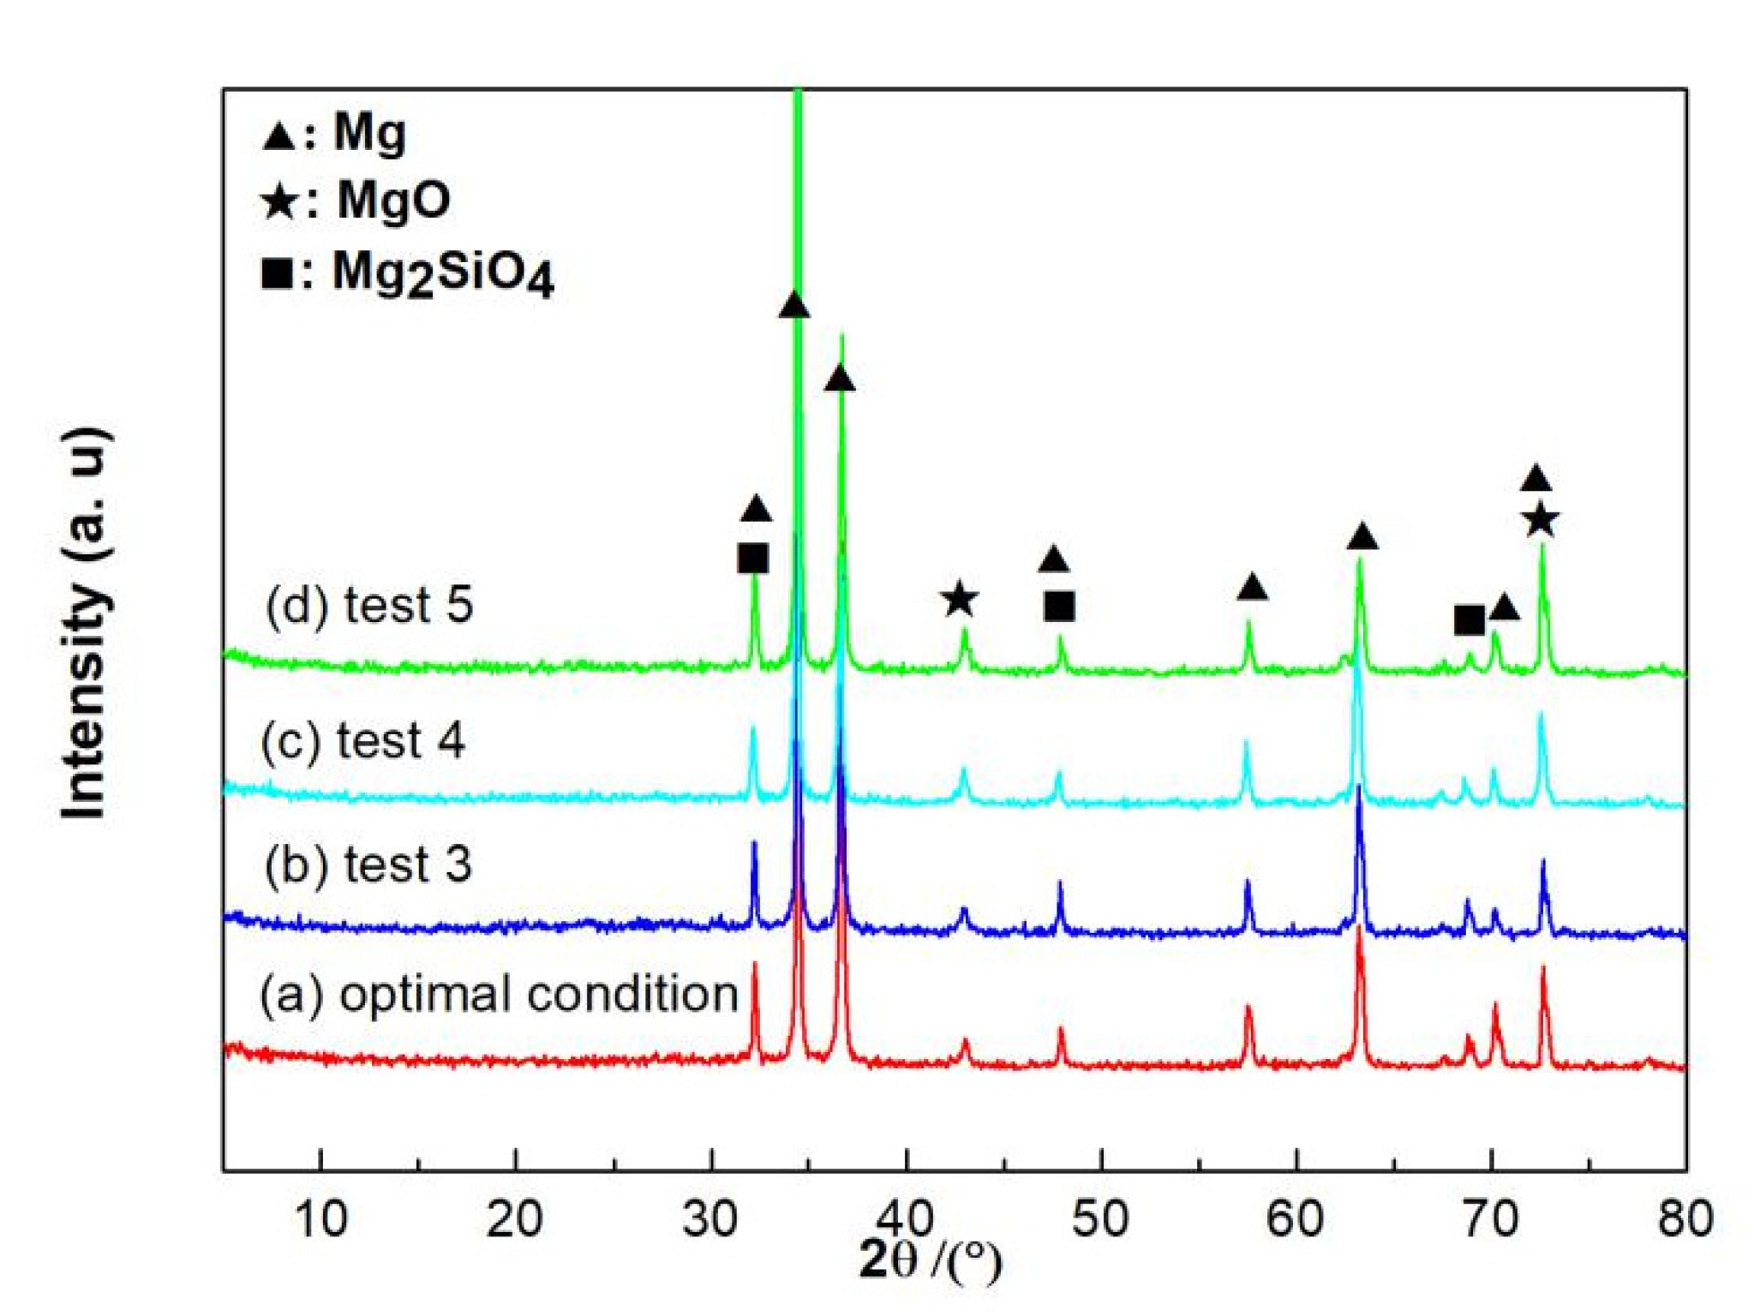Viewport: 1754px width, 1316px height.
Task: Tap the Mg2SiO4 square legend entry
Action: click(407, 275)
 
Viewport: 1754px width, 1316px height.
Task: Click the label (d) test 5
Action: click(369, 605)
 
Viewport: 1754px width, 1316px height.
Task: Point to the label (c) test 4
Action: click(363, 740)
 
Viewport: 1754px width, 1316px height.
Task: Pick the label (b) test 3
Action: click(368, 864)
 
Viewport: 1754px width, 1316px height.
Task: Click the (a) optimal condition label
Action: click(499, 995)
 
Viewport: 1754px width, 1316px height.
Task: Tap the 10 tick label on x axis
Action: click(320, 1218)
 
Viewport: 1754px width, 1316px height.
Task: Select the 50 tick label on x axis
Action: click(1101, 1218)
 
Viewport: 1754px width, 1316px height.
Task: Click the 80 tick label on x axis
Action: click(1685, 1218)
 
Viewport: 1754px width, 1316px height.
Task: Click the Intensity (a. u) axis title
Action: click(85, 623)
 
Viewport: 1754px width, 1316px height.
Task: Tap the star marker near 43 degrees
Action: click(958, 600)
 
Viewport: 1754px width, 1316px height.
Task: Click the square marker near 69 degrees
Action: click(1470, 619)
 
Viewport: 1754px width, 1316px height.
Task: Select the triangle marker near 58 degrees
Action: click(1252, 588)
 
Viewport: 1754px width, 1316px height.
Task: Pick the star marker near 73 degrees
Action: click(1541, 520)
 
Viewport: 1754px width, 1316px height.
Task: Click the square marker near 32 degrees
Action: click(753, 559)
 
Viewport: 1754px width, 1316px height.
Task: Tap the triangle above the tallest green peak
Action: click(794, 306)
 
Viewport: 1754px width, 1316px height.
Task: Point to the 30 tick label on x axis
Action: click(710, 1218)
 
